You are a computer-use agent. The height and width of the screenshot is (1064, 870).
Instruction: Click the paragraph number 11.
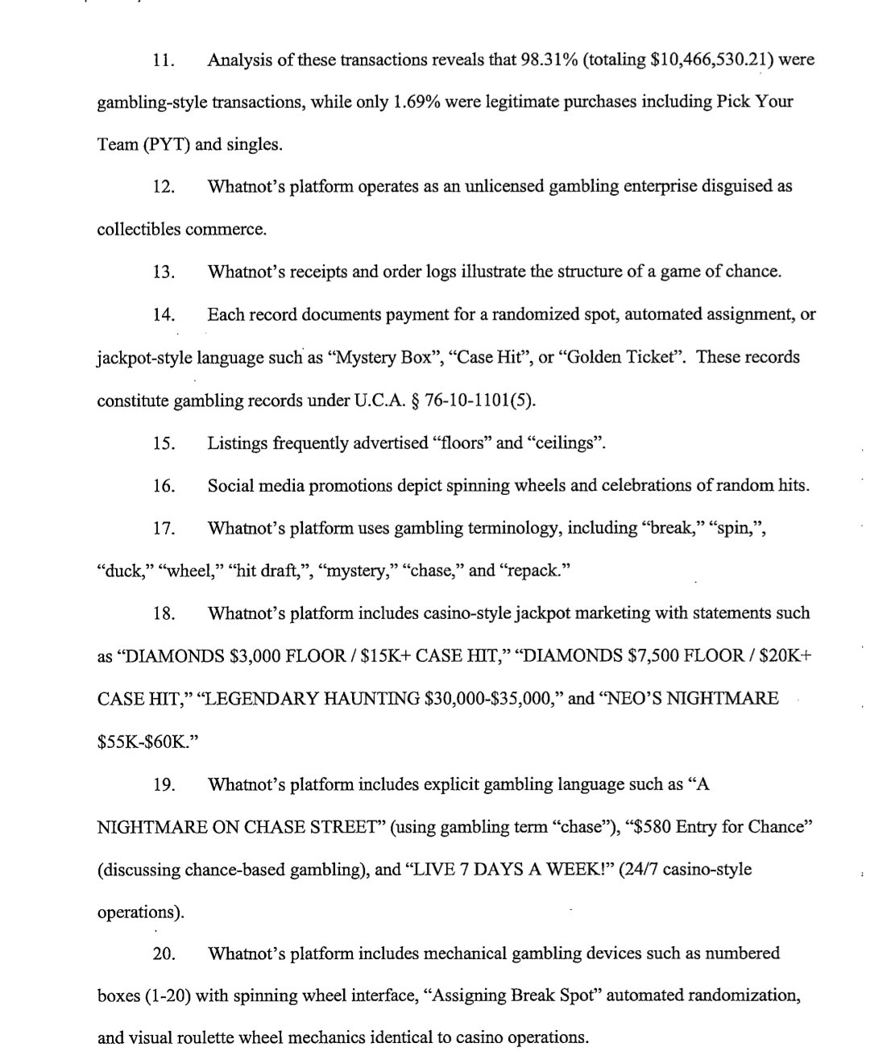point(164,60)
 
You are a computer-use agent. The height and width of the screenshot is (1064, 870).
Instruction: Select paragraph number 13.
point(164,272)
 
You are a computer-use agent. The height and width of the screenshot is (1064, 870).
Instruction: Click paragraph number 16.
point(164,486)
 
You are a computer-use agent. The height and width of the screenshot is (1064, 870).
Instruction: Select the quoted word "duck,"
point(125,571)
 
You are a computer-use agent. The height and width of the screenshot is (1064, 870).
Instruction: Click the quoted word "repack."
point(535,571)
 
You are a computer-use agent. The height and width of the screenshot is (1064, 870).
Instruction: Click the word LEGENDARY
point(259,699)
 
